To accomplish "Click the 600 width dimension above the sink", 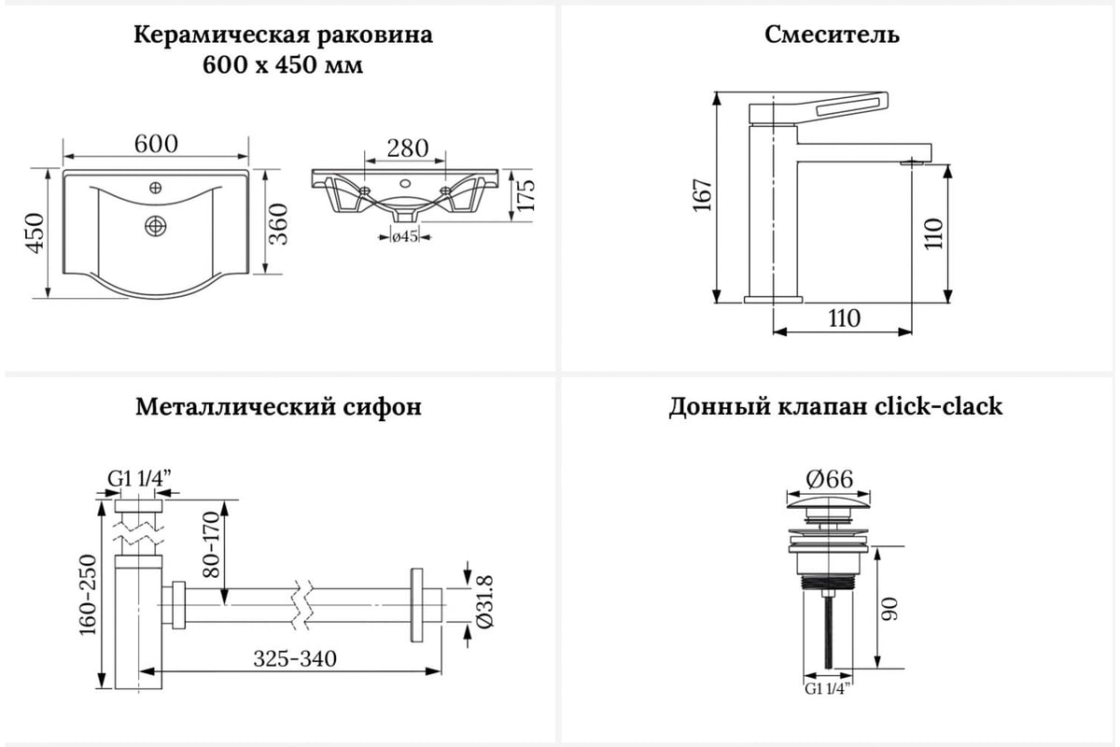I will point(156,145).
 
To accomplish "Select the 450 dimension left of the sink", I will point(35,233).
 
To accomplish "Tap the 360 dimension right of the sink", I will point(279,223).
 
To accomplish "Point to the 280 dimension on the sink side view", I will point(408,148).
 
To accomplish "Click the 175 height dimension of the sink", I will point(526,195).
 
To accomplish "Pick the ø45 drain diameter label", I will point(403,237).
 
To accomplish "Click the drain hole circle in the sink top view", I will point(155,225).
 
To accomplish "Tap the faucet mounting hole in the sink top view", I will point(155,189).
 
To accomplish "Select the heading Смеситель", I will point(832,35).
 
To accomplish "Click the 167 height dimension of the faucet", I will point(703,195).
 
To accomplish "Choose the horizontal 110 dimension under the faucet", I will point(843,318).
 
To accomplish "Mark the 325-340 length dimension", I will point(295,658).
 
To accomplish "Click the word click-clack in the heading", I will point(938,408).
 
